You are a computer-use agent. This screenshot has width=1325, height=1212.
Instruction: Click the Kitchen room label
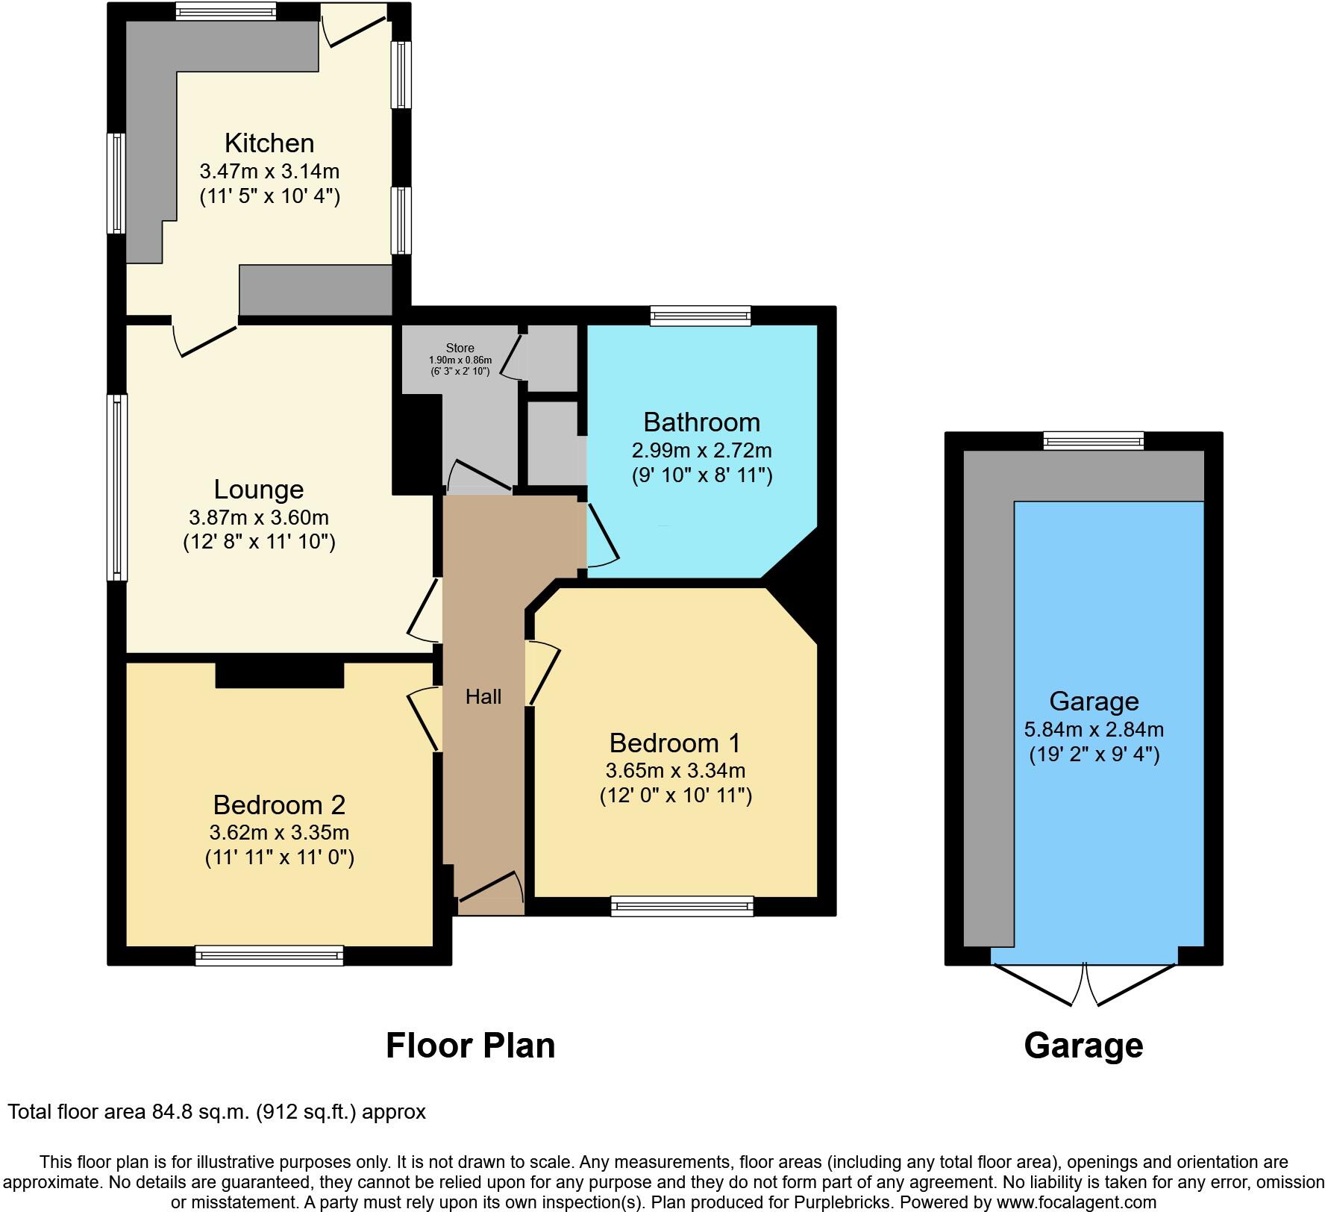click(x=269, y=143)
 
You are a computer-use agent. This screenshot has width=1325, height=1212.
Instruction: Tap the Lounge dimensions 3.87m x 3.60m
click(x=259, y=517)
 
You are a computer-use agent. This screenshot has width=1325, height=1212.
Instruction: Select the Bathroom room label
click(x=701, y=422)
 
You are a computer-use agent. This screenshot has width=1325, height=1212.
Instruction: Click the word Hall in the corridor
click(x=483, y=697)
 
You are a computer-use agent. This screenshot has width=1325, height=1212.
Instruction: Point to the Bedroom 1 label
click(x=674, y=743)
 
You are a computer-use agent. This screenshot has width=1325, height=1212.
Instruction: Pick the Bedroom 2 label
click(x=279, y=805)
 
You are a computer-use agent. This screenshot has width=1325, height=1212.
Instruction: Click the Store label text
click(x=460, y=348)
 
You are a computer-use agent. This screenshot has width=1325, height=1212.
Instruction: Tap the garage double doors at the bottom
click(x=1084, y=984)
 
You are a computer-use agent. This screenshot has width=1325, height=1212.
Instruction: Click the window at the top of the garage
click(x=1093, y=440)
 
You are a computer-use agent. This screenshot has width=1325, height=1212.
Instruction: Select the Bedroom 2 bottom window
click(x=269, y=955)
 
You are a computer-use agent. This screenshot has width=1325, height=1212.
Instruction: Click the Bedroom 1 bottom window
click(x=682, y=906)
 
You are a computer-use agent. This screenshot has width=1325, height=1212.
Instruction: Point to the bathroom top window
click(x=700, y=316)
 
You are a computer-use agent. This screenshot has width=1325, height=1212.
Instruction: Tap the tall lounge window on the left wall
click(x=117, y=487)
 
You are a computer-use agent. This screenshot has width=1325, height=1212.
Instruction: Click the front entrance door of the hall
click(x=489, y=888)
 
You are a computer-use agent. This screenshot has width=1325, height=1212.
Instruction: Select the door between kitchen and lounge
click(x=205, y=337)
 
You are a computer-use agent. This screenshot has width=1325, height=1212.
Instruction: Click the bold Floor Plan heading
click(x=470, y=1046)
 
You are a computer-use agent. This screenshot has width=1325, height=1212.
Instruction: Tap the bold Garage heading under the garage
click(x=1083, y=1046)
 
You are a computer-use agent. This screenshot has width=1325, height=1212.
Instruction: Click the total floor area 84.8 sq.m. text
click(x=216, y=1112)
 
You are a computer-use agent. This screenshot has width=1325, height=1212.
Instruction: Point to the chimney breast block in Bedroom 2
click(x=280, y=673)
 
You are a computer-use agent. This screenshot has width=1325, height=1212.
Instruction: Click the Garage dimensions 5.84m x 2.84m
click(x=1094, y=729)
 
